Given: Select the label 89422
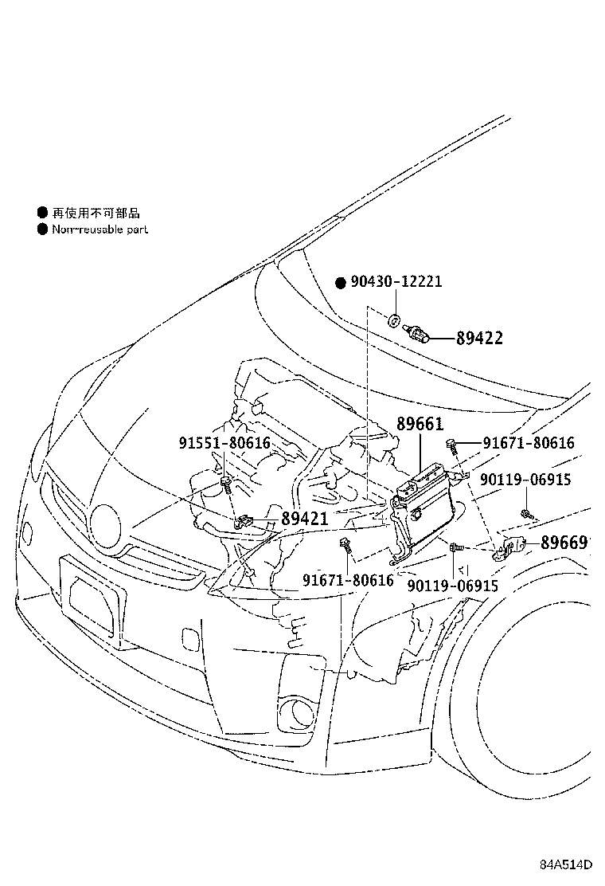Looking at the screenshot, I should (x=479, y=339).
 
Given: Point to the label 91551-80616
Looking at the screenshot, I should (x=224, y=443).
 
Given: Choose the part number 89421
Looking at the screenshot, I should (x=303, y=519).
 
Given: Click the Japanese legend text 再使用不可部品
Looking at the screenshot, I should (x=96, y=213).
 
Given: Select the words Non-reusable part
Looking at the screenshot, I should (x=100, y=229).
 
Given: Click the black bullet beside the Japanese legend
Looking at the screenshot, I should (x=42, y=213).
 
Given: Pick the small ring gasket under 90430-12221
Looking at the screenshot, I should (x=393, y=322).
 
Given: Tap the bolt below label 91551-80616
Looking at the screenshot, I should (x=226, y=484).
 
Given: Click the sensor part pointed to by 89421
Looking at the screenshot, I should (x=245, y=521).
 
